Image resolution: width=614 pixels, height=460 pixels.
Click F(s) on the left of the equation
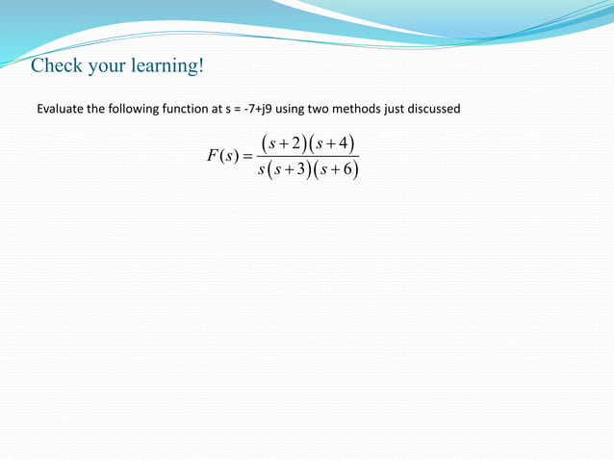point(221,157)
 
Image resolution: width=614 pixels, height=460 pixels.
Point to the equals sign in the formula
point(247,157)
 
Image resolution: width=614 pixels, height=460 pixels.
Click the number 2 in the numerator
point(298,144)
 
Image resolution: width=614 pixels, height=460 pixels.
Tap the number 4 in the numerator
point(343,144)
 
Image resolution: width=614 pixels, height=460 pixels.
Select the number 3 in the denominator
point(298,170)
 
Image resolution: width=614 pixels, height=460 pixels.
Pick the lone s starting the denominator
point(262,170)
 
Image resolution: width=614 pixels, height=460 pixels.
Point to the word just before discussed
point(394,109)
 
